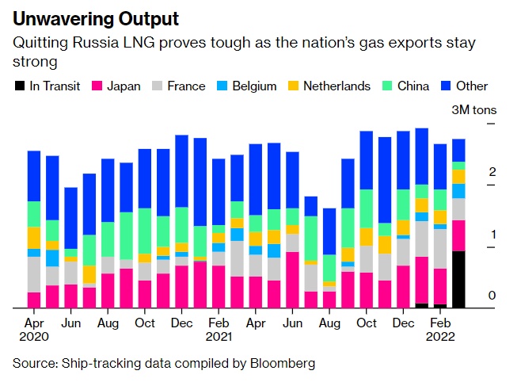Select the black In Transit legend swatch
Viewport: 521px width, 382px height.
[x=19, y=86]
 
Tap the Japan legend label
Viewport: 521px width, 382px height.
[x=124, y=86]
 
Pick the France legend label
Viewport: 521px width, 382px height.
[x=187, y=86]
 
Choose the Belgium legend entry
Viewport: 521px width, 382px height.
[x=253, y=86]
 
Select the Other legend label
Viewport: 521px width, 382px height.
[x=473, y=86]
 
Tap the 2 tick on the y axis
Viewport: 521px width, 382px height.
[x=492, y=172]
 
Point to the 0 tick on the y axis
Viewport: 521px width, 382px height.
[x=492, y=296]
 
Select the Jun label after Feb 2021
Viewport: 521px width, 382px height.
[x=292, y=323]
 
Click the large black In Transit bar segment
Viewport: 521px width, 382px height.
[x=458, y=279]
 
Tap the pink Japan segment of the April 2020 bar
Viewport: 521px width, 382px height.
[x=34, y=300]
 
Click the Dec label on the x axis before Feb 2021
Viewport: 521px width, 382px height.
[x=181, y=323]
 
